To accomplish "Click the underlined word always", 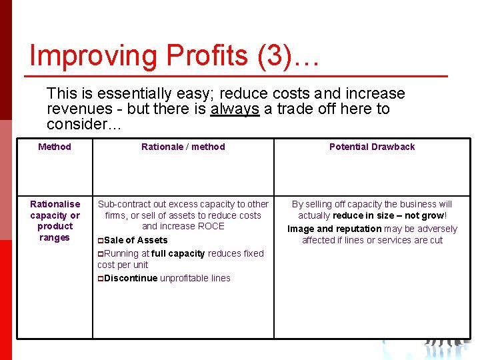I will tap(235, 109).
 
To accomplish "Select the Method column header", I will tap(55, 147).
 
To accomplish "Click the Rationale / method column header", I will tap(183, 147).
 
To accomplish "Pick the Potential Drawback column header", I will tap(372, 147).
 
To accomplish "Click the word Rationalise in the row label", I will tap(55, 204).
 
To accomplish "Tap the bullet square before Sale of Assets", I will tap(101, 241).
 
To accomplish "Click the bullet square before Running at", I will tap(101, 254).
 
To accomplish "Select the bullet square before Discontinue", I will tap(101, 279).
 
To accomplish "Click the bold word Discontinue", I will tap(131, 278).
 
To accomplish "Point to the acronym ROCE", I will tap(211, 226).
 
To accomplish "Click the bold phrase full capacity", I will tap(178, 253).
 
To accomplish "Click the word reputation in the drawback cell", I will tap(359, 229).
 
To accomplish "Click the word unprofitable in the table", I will tap(185, 278).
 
